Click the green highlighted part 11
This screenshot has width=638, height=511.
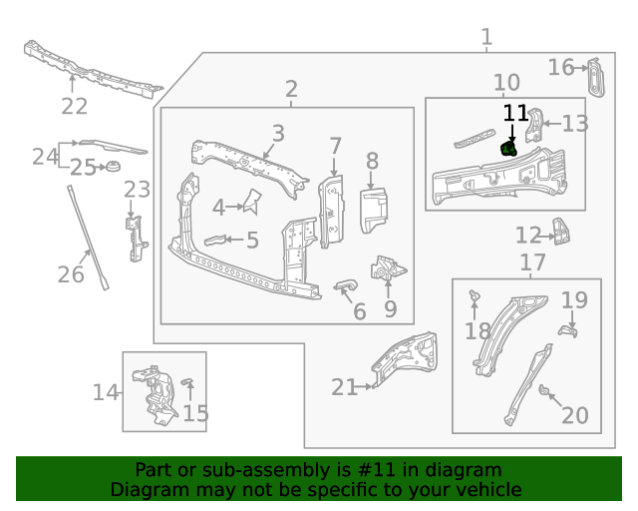(508, 151)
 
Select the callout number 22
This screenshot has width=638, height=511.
(74, 107)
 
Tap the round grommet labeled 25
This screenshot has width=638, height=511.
(111, 165)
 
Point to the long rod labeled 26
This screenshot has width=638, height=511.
(88, 236)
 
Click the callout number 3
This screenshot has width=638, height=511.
(278, 133)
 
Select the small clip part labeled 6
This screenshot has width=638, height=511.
(344, 287)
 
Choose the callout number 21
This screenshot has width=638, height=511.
(344, 387)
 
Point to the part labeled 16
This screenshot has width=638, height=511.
(595, 78)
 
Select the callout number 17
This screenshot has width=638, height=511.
(533, 262)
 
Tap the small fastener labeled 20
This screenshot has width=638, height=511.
(545, 390)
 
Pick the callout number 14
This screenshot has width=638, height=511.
(106, 392)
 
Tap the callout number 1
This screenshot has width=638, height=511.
(486, 38)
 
